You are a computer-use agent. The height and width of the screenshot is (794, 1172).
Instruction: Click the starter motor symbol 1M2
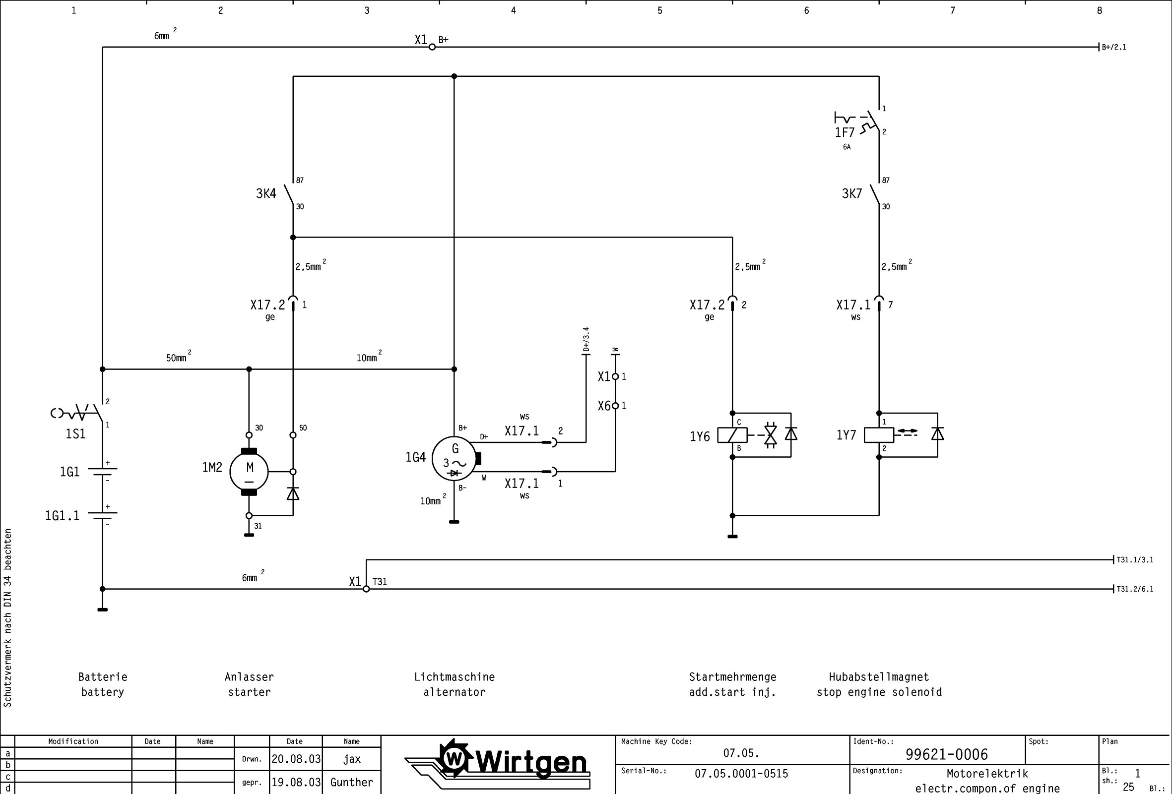pyautogui.click(x=249, y=471)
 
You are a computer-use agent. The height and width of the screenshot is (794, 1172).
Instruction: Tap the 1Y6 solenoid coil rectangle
pyautogui.click(x=732, y=434)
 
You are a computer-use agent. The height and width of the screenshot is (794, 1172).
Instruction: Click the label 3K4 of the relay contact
pyautogui.click(x=266, y=193)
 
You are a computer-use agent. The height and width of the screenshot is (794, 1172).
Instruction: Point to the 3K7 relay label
pyautogui.click(x=852, y=193)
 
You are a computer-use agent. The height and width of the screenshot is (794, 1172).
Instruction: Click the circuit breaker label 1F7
pyautogui.click(x=844, y=132)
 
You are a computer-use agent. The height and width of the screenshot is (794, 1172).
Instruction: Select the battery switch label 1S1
pyautogui.click(x=75, y=433)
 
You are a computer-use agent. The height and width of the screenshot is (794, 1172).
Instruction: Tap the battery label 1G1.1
pyautogui.click(x=62, y=516)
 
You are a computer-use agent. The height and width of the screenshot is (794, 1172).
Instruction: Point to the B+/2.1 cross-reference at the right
pyautogui.click(x=1114, y=48)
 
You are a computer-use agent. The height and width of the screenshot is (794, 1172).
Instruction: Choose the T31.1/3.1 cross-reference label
pyautogui.click(x=1135, y=559)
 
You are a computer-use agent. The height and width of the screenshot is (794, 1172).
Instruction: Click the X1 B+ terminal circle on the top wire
pyautogui.click(x=432, y=47)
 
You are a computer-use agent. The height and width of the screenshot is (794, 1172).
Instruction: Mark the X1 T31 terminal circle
pyautogui.click(x=366, y=589)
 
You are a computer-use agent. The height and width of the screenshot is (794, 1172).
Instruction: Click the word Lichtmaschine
pyautogui.click(x=455, y=677)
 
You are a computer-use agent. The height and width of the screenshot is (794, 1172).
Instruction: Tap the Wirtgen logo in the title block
pyautogui.click(x=497, y=764)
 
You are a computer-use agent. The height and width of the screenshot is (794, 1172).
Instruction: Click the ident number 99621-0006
pyautogui.click(x=946, y=754)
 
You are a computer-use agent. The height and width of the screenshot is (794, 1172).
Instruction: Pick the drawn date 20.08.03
pyautogui.click(x=296, y=759)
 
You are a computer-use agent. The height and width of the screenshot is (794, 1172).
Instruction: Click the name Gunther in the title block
pyautogui.click(x=351, y=783)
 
